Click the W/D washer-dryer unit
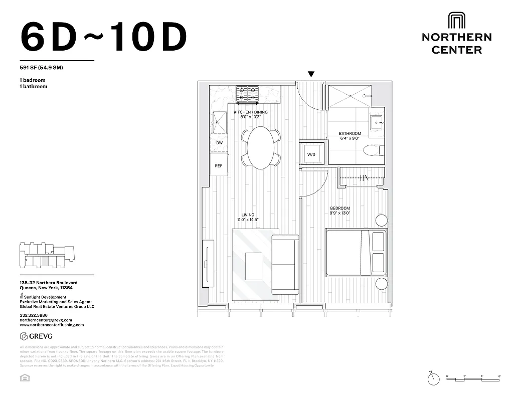coord(311,154)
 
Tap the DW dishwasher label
coord(219,143)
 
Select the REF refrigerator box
coord(219,165)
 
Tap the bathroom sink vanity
coord(377,122)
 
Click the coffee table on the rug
coord(254,266)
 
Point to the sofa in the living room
coord(285,264)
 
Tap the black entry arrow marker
coord(311,74)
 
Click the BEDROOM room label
coord(340,208)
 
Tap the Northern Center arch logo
coord(456,21)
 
